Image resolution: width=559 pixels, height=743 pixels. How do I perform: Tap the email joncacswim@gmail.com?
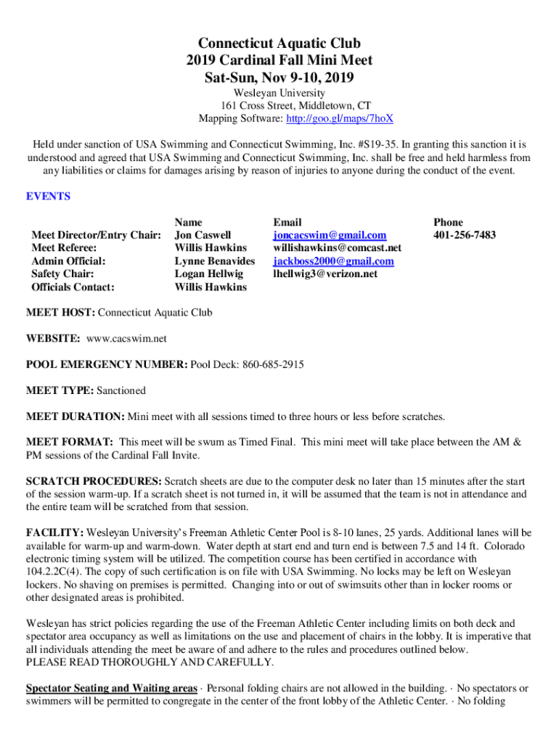(x=330, y=235)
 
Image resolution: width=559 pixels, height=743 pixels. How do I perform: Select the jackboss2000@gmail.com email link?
(x=333, y=261)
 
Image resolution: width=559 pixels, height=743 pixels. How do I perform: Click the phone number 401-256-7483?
(x=465, y=235)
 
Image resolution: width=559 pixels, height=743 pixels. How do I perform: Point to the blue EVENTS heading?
(x=48, y=196)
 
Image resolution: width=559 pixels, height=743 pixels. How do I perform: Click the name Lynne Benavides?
(x=215, y=261)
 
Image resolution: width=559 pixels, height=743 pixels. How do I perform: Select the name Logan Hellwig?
(x=210, y=274)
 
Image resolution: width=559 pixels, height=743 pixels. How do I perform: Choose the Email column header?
(x=287, y=222)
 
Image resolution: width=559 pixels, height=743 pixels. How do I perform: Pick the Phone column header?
(x=448, y=222)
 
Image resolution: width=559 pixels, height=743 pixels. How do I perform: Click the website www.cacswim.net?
(x=126, y=339)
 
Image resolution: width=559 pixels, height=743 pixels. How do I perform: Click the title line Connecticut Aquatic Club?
(x=279, y=44)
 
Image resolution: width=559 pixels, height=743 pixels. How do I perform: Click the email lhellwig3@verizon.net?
(x=325, y=274)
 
